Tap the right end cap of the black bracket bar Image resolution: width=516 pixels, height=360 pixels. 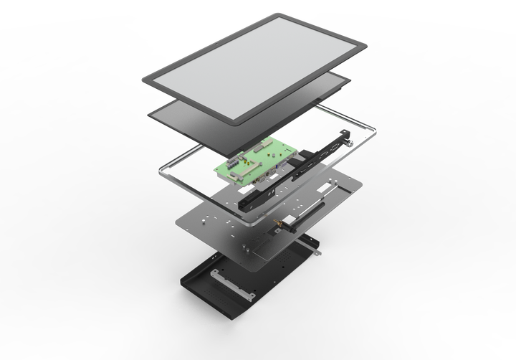[345, 134]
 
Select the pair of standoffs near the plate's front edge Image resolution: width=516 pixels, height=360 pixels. [247, 247]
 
